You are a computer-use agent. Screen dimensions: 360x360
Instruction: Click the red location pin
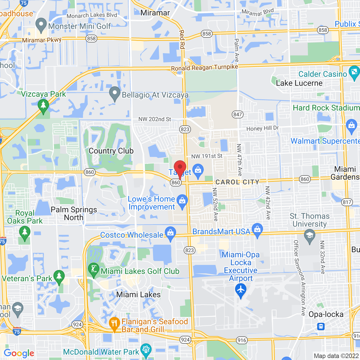(180, 168)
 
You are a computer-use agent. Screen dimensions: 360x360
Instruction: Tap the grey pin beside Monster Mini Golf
(41, 25)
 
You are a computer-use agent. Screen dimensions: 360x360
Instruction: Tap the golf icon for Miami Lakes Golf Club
(94, 269)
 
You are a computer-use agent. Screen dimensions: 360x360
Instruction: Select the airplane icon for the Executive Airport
(240, 290)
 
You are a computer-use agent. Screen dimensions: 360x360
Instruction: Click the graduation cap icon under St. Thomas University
(310, 236)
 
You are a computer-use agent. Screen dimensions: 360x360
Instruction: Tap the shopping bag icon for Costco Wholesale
(170, 233)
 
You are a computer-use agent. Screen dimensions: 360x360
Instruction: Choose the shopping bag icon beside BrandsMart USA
(257, 230)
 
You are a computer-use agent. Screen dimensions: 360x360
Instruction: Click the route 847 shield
(238, 114)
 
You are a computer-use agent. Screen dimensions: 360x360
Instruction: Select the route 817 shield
(347, 202)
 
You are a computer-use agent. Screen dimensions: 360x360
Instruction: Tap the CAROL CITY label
(237, 182)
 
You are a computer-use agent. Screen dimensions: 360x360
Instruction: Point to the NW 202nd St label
(155, 119)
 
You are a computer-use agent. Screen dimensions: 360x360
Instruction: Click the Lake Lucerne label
(299, 83)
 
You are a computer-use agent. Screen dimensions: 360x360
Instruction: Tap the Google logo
(19, 353)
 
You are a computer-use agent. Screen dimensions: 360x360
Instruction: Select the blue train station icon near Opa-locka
(321, 327)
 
